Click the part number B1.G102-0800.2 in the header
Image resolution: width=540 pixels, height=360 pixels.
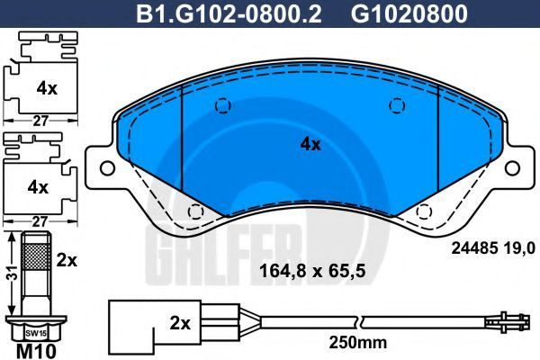pyautogui.click(x=229, y=13)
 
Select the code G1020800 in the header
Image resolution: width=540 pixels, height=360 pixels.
pyautogui.click(x=409, y=13)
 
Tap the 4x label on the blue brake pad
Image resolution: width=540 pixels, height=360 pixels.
pyautogui.click(x=310, y=144)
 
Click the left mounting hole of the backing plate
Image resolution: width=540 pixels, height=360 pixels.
pyautogui.click(x=107, y=168)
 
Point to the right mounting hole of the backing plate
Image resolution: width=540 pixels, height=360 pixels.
pyautogui.click(x=512, y=168)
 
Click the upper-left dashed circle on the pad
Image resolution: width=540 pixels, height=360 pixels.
pyautogui.click(x=223, y=105)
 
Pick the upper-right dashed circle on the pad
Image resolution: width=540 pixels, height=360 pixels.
pyautogui.click(x=397, y=105)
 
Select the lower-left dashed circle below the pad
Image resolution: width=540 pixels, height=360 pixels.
pyautogui.click(x=195, y=211)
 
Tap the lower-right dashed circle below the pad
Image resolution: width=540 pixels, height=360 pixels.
pyautogui.click(x=424, y=211)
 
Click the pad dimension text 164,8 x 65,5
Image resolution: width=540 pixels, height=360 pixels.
pyautogui.click(x=312, y=271)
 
